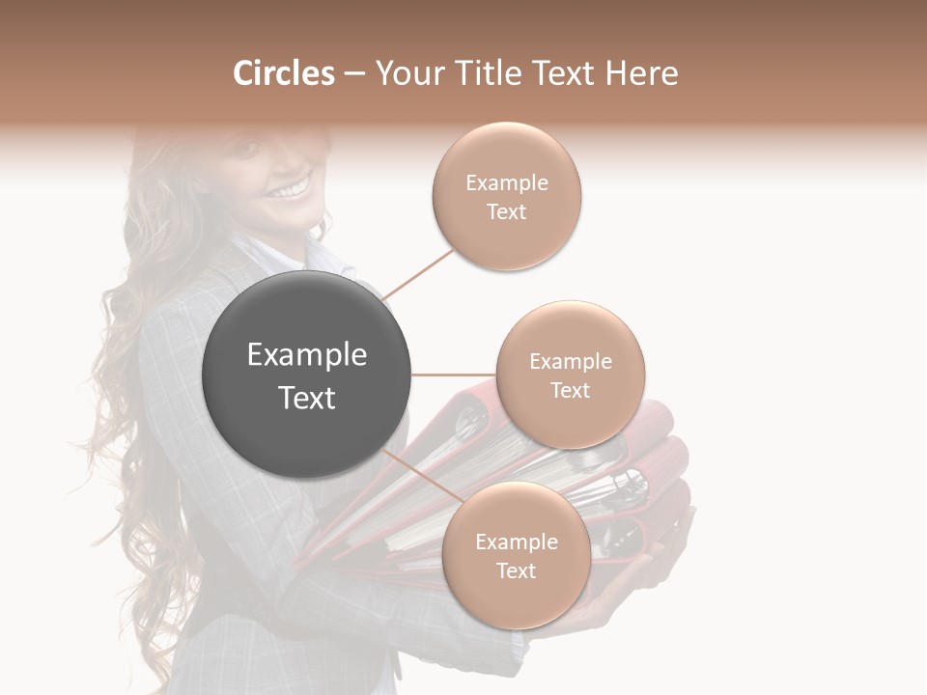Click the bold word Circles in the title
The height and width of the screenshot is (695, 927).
pyautogui.click(x=284, y=73)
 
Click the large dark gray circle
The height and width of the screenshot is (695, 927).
pyautogui.click(x=307, y=375)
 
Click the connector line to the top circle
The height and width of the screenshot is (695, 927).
pyautogui.click(x=418, y=273)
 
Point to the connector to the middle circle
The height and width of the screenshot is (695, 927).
pyautogui.click(x=453, y=375)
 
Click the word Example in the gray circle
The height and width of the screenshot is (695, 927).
pyautogui.click(x=307, y=355)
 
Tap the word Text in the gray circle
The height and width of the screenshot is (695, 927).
pyautogui.click(x=307, y=398)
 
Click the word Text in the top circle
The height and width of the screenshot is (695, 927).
pyautogui.click(x=506, y=211)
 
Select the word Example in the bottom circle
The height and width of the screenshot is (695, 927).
pyautogui.click(x=517, y=542)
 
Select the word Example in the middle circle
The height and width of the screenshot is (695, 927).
pyautogui.click(x=571, y=361)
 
